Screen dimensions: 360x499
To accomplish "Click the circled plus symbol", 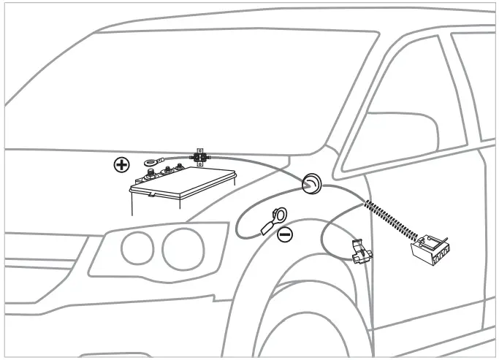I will [x=122, y=164].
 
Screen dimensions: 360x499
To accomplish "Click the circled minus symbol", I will [x=285, y=235].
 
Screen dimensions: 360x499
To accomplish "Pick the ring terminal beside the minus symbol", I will [x=279, y=215].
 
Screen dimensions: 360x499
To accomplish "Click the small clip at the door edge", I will [x=359, y=252].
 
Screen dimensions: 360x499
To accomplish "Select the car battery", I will [x=183, y=191].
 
